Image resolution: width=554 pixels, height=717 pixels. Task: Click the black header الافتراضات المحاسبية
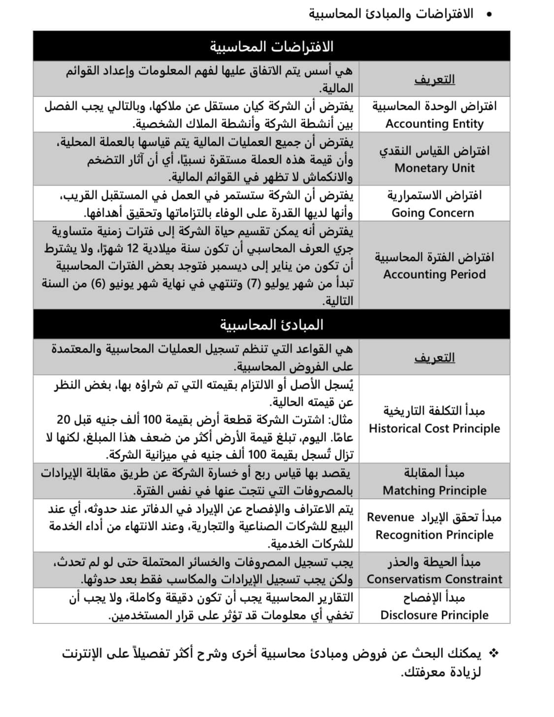pyautogui.click(x=271, y=47)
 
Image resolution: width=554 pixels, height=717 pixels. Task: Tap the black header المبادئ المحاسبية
pyautogui.click(x=271, y=325)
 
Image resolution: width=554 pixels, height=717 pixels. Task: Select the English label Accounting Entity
pyautogui.click(x=434, y=124)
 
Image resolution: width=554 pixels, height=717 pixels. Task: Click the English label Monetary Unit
pyautogui.click(x=434, y=168)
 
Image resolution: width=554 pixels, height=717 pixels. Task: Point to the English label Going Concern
pyautogui.click(x=433, y=213)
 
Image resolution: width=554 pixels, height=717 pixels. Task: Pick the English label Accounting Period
pyautogui.click(x=434, y=274)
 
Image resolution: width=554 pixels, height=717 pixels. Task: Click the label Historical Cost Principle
pyautogui.click(x=434, y=428)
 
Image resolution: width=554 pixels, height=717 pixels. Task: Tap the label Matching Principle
pyautogui.click(x=434, y=490)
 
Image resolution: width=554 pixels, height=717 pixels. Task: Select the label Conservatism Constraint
pyautogui.click(x=434, y=579)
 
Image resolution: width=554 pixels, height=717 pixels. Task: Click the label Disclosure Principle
pyautogui.click(x=434, y=615)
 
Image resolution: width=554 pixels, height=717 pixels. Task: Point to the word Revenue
pyautogui.click(x=391, y=517)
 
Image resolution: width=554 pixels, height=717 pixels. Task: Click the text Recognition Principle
pyautogui.click(x=434, y=535)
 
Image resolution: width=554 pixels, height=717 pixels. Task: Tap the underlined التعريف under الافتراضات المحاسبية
pyautogui.click(x=434, y=79)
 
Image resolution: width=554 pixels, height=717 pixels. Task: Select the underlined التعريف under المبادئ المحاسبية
pyautogui.click(x=434, y=358)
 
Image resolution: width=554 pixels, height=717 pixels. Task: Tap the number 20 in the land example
pyautogui.click(x=64, y=420)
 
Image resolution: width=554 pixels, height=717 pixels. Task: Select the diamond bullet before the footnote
pyautogui.click(x=493, y=653)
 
